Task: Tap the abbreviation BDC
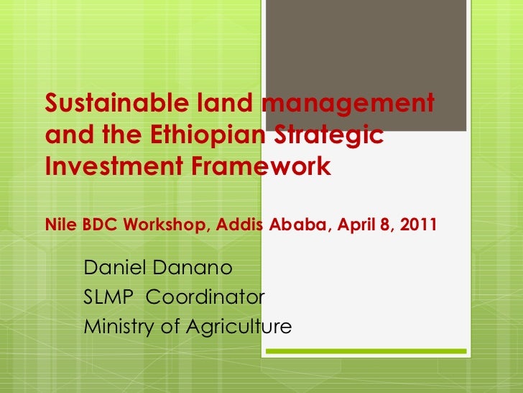pos(96,223)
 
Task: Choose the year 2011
pos(417,223)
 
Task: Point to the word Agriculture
pos(239,327)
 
